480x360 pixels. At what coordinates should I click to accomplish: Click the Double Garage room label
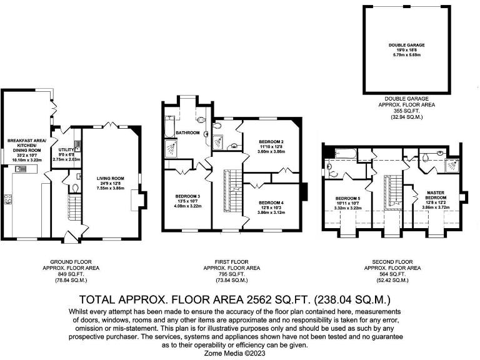point(406,44)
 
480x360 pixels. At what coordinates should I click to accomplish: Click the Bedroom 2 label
point(271,142)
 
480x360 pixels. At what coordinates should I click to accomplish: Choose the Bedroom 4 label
point(271,202)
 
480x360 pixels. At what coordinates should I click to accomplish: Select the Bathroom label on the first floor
point(187,133)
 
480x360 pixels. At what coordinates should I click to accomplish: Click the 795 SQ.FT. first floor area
point(232,274)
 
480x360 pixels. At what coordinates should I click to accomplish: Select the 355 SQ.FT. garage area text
point(407,111)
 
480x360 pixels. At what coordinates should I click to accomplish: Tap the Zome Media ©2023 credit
point(240,352)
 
